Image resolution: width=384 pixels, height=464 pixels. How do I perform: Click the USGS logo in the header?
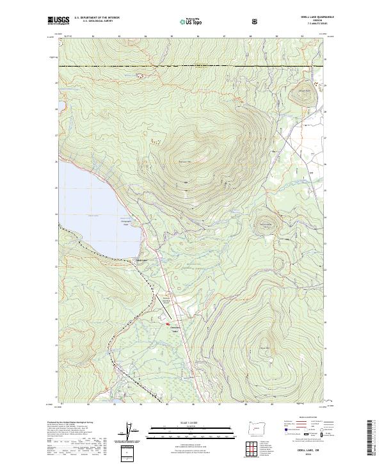[x=58, y=21]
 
